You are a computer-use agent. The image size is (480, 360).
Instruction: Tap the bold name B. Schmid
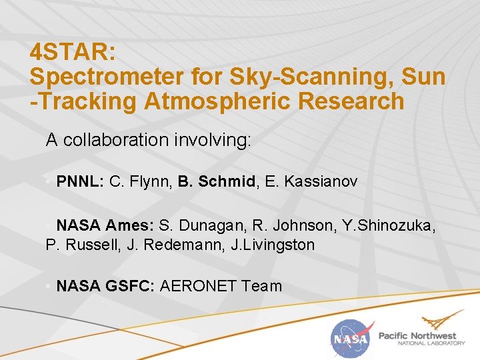coord(217,181)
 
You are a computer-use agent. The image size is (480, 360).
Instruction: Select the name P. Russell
coord(77,245)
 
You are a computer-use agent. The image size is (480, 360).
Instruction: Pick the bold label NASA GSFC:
coord(106,287)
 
